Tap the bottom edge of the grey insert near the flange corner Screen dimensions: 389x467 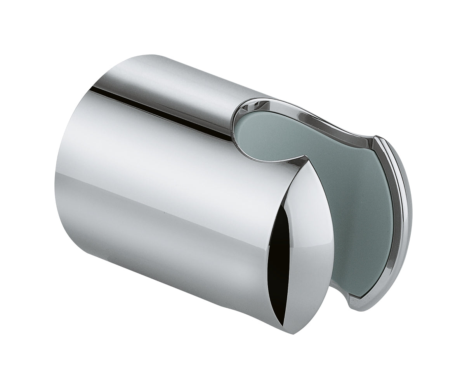pyautogui.click(x=349, y=296)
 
